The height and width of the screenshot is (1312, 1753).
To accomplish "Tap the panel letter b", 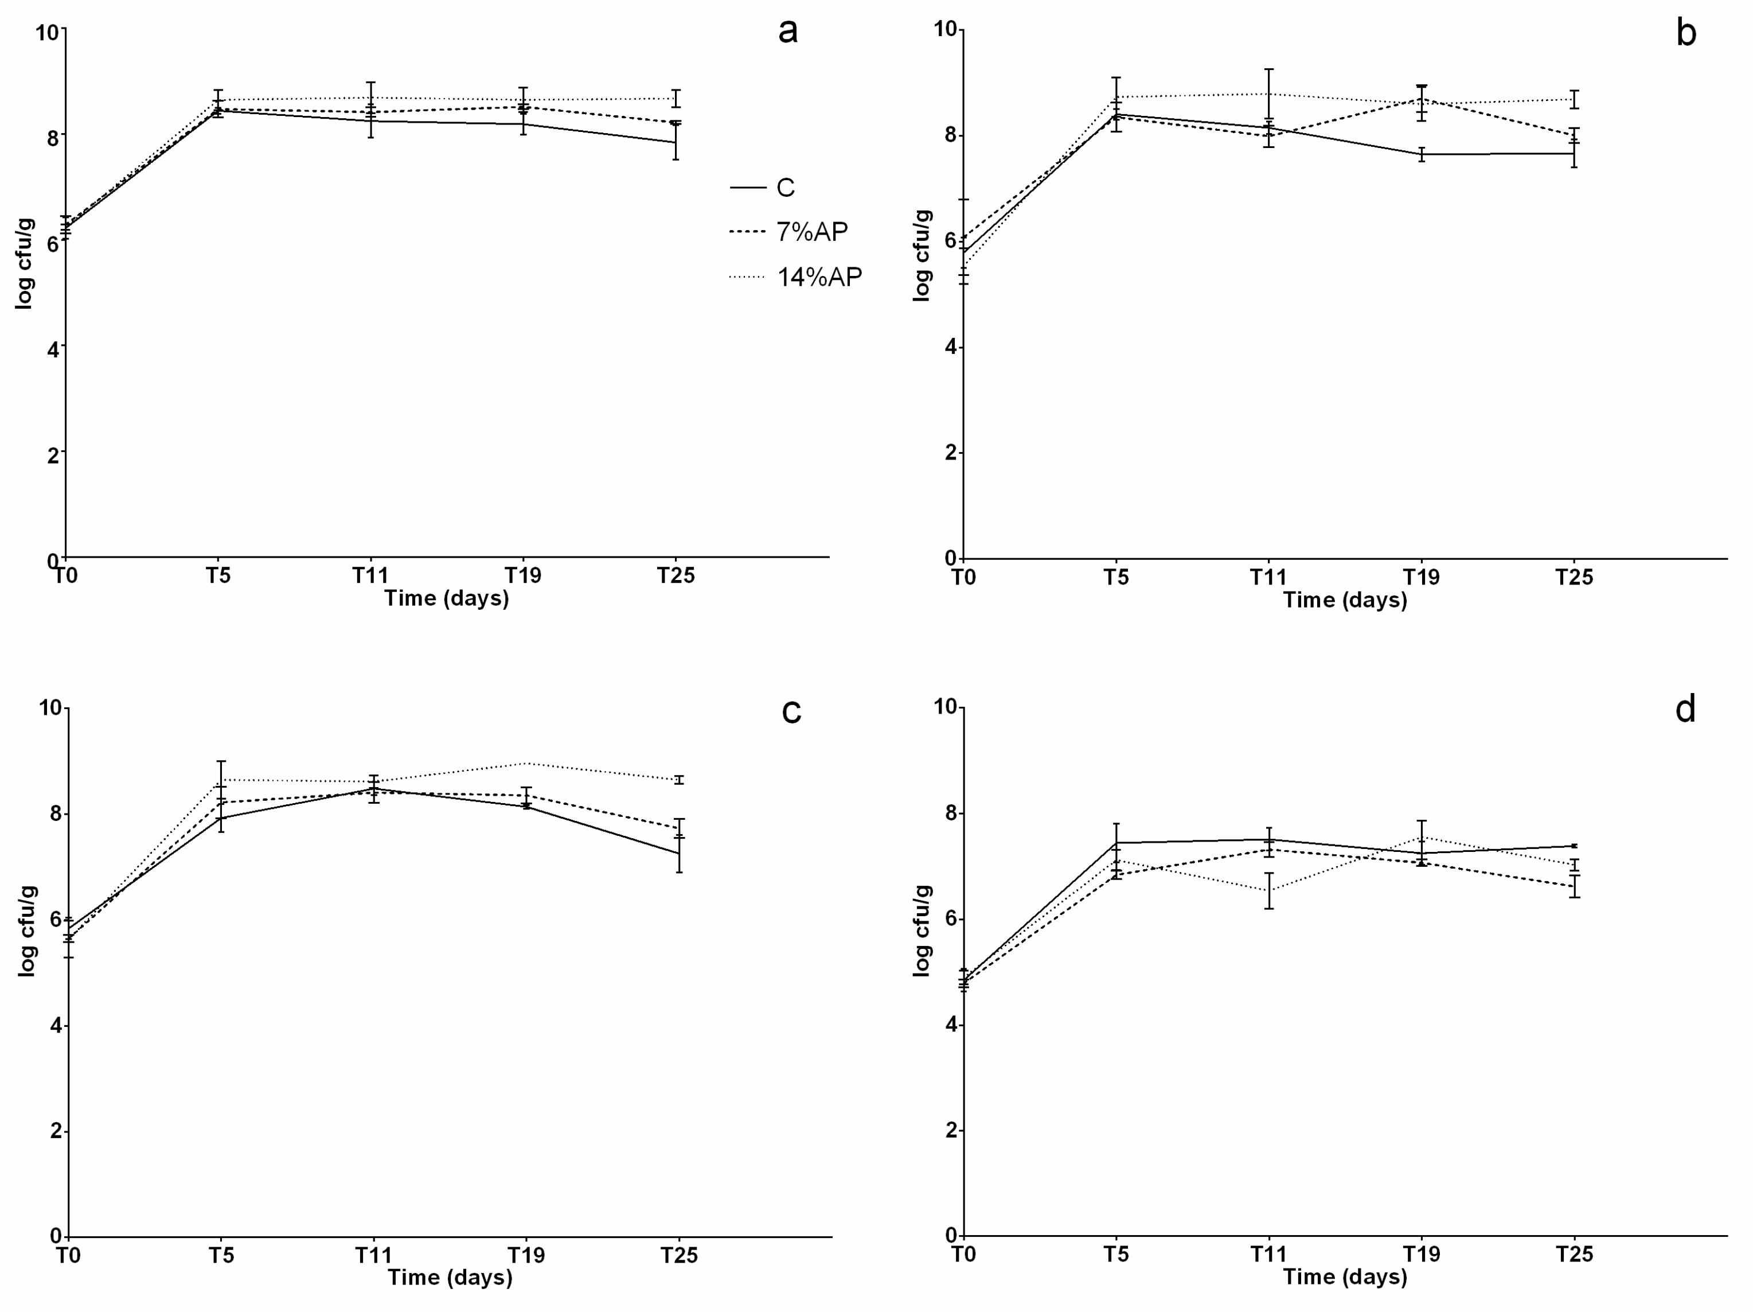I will [x=1686, y=33].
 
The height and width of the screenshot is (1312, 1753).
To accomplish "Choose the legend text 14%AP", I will [x=819, y=277].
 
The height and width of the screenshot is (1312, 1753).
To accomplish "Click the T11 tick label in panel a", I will [x=370, y=575].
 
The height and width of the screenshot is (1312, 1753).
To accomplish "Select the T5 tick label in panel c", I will [x=221, y=1255].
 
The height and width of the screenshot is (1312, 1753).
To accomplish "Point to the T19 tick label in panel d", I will [x=1421, y=1253].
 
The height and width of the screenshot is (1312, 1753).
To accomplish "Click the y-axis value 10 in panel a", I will [x=47, y=33].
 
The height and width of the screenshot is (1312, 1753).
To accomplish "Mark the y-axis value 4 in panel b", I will [x=950, y=347].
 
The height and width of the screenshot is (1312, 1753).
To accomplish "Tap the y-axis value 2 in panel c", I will [x=56, y=1131].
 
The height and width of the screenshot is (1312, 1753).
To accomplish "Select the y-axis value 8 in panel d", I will [x=950, y=813].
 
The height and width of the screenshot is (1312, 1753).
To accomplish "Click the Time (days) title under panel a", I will [x=446, y=598].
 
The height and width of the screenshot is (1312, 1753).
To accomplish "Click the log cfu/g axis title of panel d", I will [x=921, y=931].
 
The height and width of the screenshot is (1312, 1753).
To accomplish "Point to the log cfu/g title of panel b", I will [x=921, y=255].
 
